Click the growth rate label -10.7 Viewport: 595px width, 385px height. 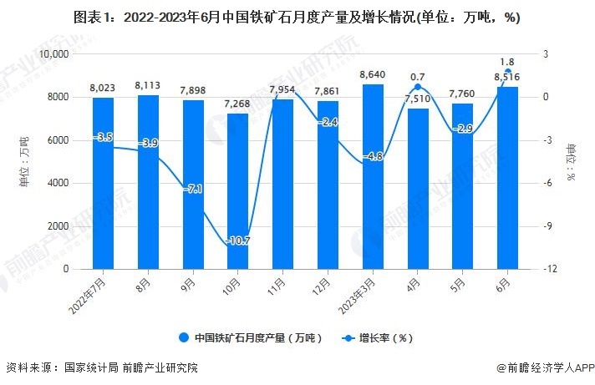[237, 241]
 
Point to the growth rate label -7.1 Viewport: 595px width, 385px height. [193, 189]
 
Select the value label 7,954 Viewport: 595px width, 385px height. [282, 89]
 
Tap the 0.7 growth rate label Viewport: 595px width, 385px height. [418, 78]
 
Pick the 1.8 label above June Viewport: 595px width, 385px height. [506, 61]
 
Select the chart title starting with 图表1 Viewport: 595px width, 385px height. [297, 18]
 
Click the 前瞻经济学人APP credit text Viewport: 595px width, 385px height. [542, 368]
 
